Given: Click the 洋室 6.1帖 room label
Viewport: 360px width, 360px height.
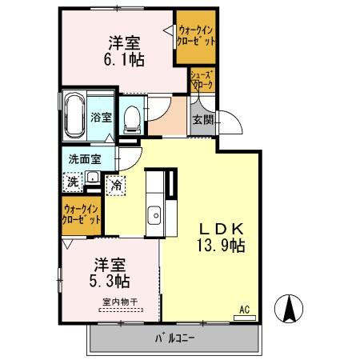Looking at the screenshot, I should coord(122,50).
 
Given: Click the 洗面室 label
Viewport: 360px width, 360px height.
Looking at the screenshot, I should coord(83,158).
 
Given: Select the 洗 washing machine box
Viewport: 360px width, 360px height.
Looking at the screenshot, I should coord(73,180).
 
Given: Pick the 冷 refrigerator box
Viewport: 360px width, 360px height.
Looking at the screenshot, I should coord(116,185).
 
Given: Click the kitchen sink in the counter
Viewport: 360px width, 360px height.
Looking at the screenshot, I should coord(154,214).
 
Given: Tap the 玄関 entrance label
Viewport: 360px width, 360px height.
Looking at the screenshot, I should coord(200,120).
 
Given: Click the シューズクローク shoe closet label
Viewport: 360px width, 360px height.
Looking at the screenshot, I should coord(200,80).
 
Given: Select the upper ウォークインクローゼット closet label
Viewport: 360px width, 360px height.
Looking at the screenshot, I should coord(195,36).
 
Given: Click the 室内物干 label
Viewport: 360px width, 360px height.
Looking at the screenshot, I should coord(120,302).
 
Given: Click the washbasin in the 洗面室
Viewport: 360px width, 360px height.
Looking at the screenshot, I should coord(93,177).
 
